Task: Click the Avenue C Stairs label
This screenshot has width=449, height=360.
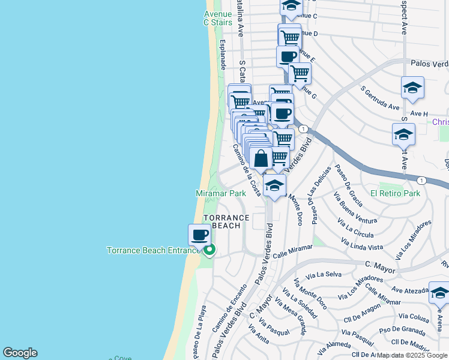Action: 217,18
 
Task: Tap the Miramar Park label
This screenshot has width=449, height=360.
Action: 221,194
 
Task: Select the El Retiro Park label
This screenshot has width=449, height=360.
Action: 395,194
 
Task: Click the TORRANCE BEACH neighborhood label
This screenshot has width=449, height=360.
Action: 226,221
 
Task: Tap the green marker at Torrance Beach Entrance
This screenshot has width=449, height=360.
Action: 209,250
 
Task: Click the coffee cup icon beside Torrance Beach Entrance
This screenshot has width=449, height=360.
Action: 199,235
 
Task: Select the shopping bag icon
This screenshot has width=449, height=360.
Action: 261,160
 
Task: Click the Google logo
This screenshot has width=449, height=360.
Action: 20,353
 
